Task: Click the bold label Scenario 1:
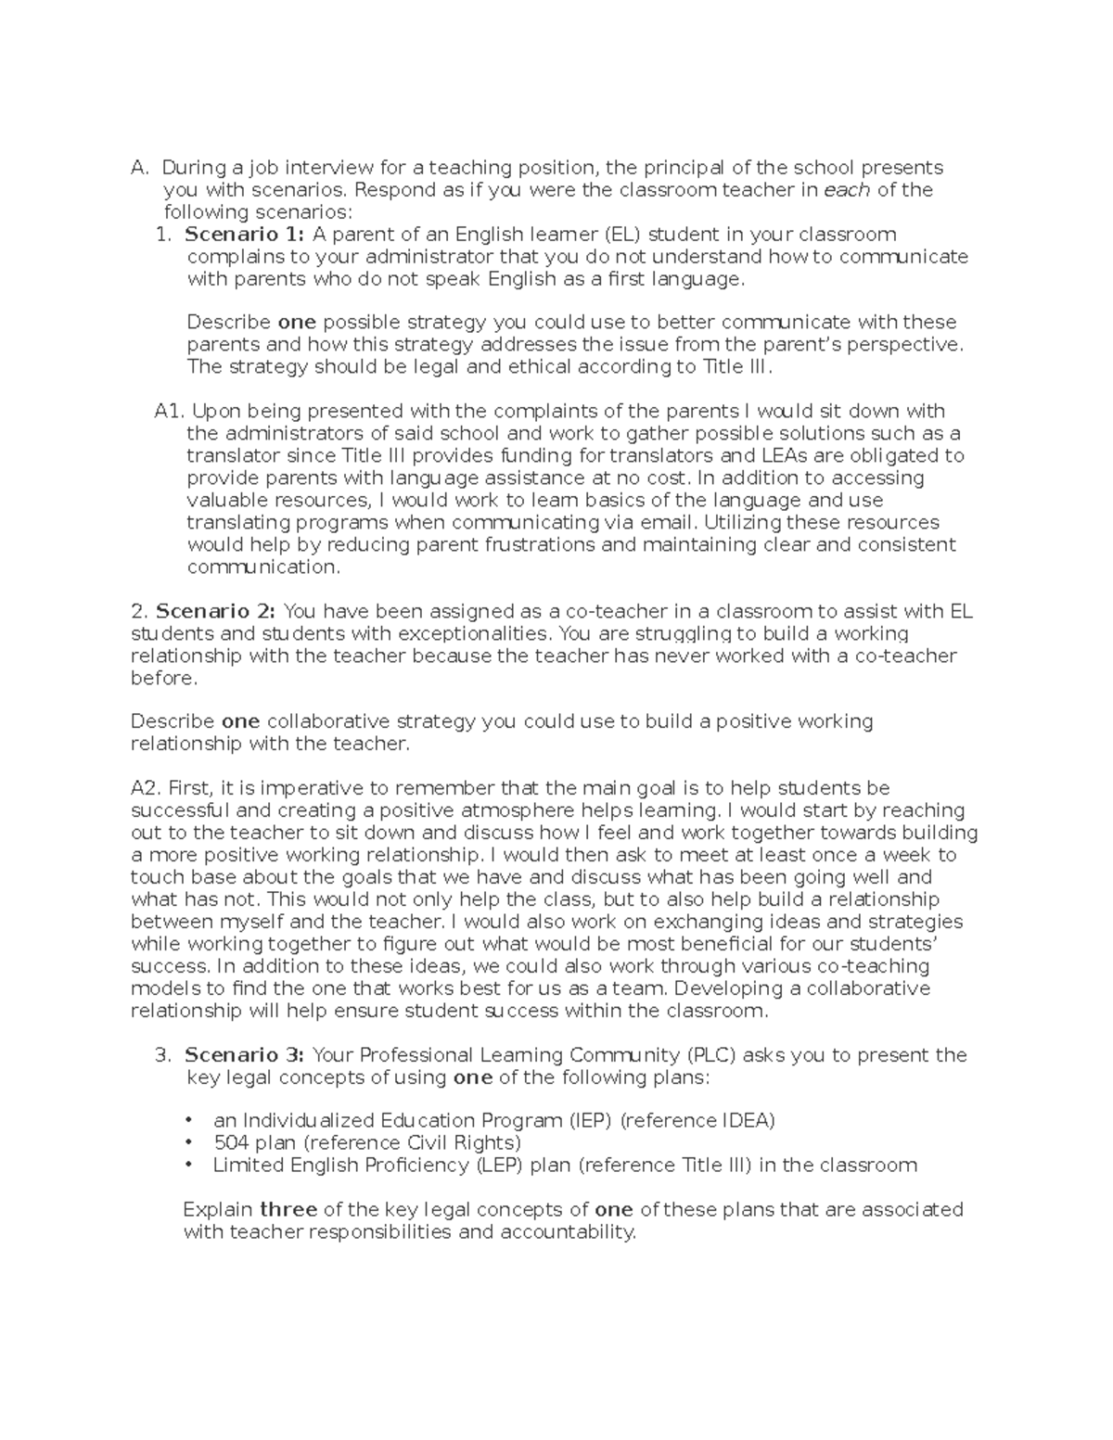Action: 244,234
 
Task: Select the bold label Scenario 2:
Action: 215,611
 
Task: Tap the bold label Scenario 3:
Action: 244,1054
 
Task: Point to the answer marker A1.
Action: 170,411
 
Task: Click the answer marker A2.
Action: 147,788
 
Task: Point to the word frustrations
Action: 541,544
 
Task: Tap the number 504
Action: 231,1142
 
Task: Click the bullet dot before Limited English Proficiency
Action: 191,1165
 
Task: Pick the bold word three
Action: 288,1209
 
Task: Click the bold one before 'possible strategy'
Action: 297,322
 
